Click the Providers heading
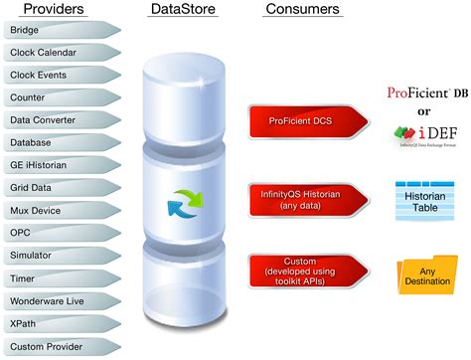(x=48, y=10)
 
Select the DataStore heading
(x=180, y=10)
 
